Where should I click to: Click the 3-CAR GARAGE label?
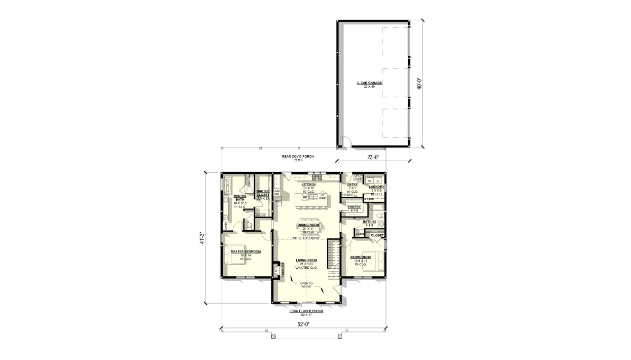(369, 83)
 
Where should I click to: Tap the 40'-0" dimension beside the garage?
(420, 82)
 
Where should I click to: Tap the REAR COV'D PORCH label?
(298, 157)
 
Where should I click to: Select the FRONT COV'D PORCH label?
(306, 311)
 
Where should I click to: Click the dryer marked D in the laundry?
(378, 181)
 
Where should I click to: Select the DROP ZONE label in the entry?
(358, 177)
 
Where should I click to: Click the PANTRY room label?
(354, 207)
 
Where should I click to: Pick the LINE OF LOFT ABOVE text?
(306, 238)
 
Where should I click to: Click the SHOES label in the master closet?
(260, 215)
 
